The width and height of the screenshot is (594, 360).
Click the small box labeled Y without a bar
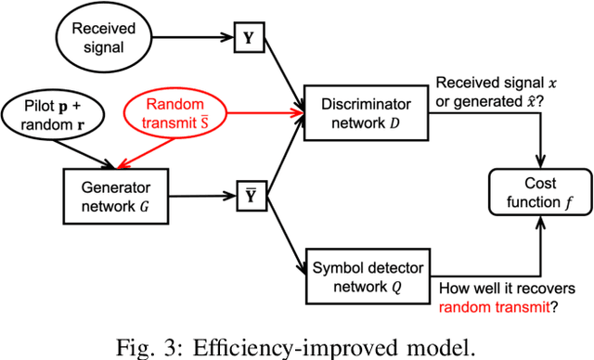pyautogui.click(x=246, y=40)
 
